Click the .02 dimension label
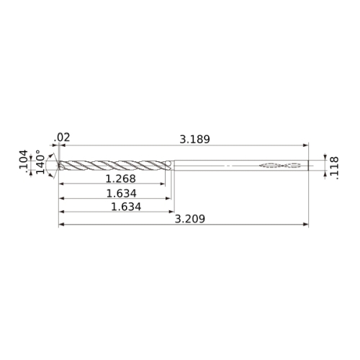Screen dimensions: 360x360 (62, 138)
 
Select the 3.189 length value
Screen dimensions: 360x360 (194, 140)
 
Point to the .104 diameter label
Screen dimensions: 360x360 (24, 159)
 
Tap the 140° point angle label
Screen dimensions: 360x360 (40, 162)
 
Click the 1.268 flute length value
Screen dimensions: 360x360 (121, 179)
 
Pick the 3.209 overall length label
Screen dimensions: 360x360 (189, 219)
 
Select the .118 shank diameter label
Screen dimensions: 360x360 (334, 168)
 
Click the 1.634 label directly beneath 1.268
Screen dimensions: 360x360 (121, 194)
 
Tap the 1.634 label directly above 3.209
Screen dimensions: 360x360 (126, 207)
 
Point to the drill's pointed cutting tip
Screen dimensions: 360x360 (58, 165)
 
